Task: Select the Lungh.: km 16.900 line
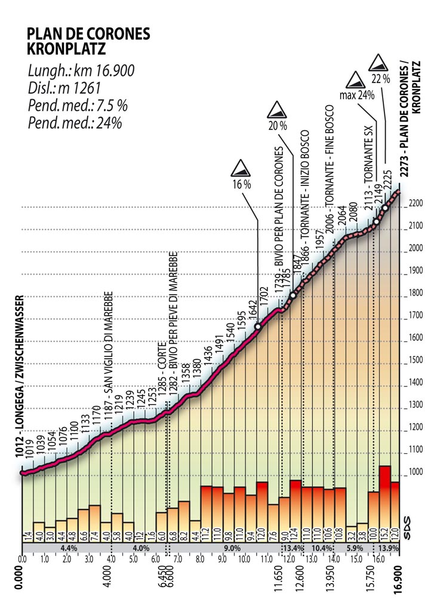tap(80, 71)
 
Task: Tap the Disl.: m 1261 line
tap(64, 89)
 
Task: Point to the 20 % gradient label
tap(277, 126)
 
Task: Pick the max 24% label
tap(356, 94)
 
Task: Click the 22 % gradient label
tap(380, 78)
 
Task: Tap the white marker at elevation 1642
tap(258, 327)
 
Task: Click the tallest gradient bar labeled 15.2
tap(385, 502)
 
